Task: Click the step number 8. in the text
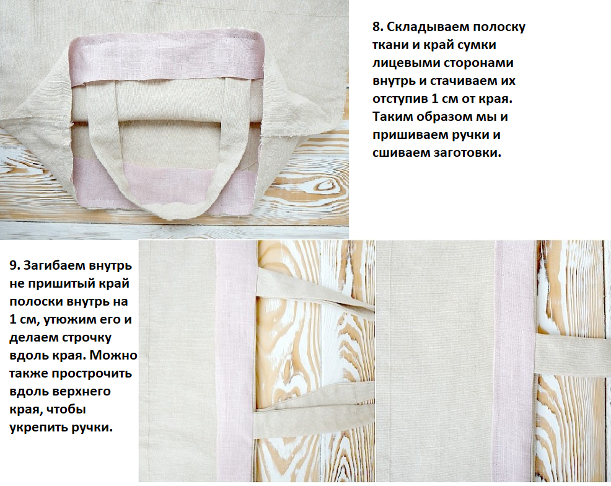tap(377, 27)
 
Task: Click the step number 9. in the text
tap(14, 265)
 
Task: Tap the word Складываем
tap(428, 27)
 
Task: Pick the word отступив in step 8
tap(400, 99)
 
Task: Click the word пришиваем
tap(410, 135)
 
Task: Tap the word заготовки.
tap(468, 152)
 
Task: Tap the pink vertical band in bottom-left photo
tap(235, 361)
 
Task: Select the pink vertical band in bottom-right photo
tap(516, 361)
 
